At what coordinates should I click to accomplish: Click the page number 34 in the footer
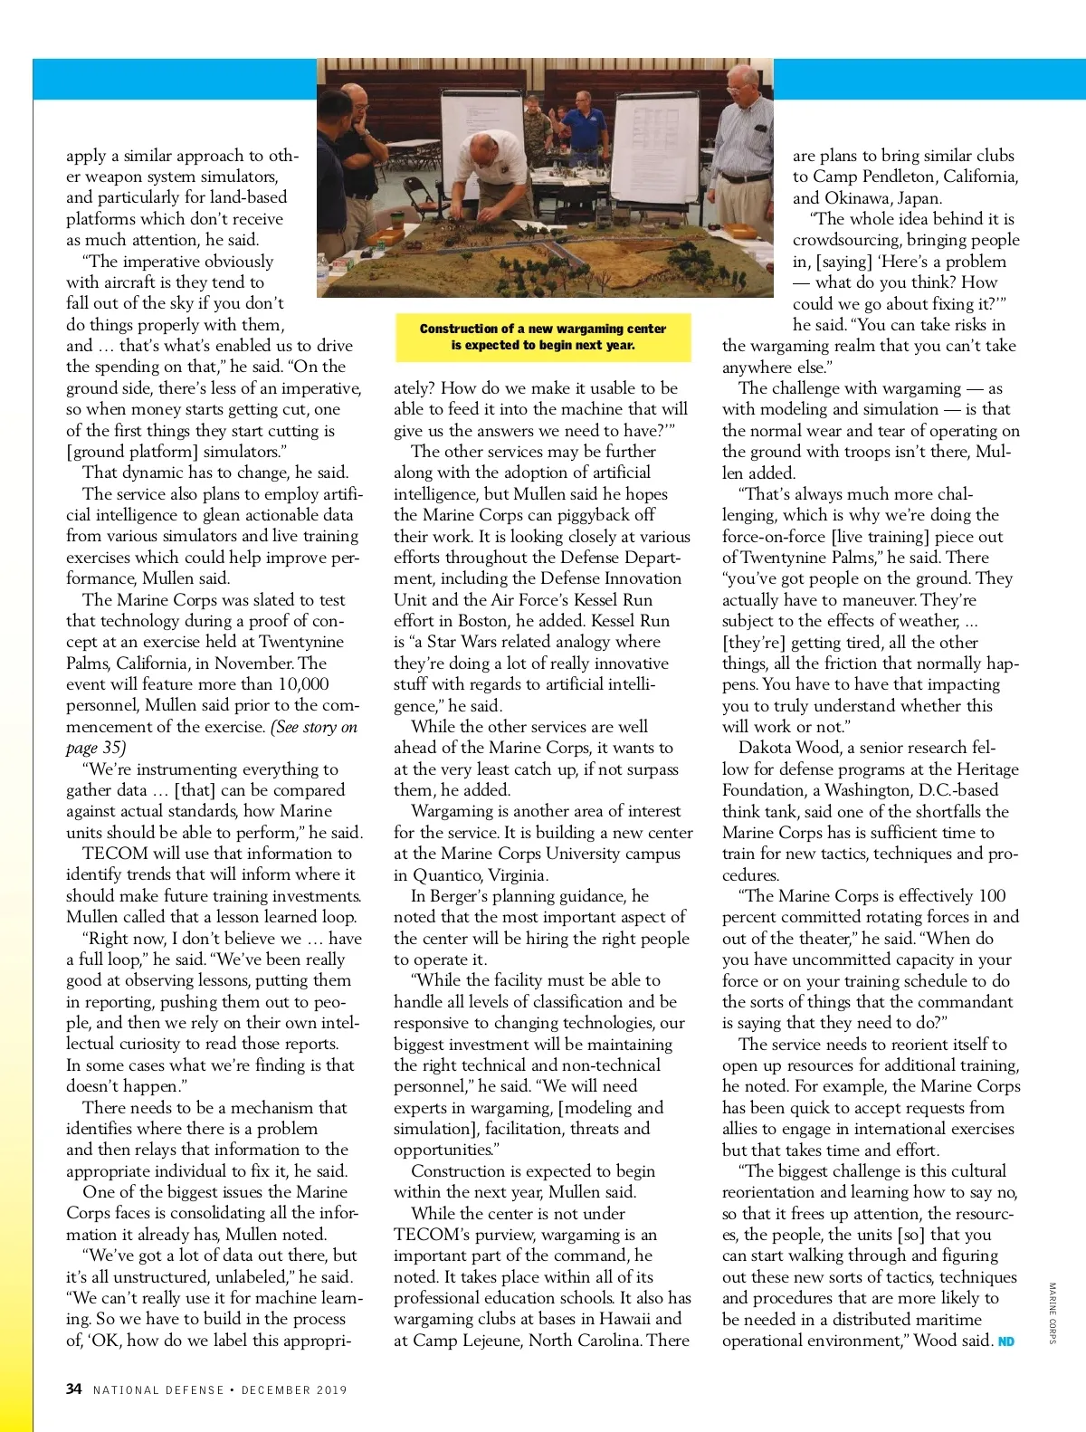74,1389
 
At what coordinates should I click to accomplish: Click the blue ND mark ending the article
1005,1341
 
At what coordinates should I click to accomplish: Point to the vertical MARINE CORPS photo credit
1053,1313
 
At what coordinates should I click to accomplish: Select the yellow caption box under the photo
543,337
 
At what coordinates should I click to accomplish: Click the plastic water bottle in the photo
322,271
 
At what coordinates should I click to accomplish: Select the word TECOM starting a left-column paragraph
115,854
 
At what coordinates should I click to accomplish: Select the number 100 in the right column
991,896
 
